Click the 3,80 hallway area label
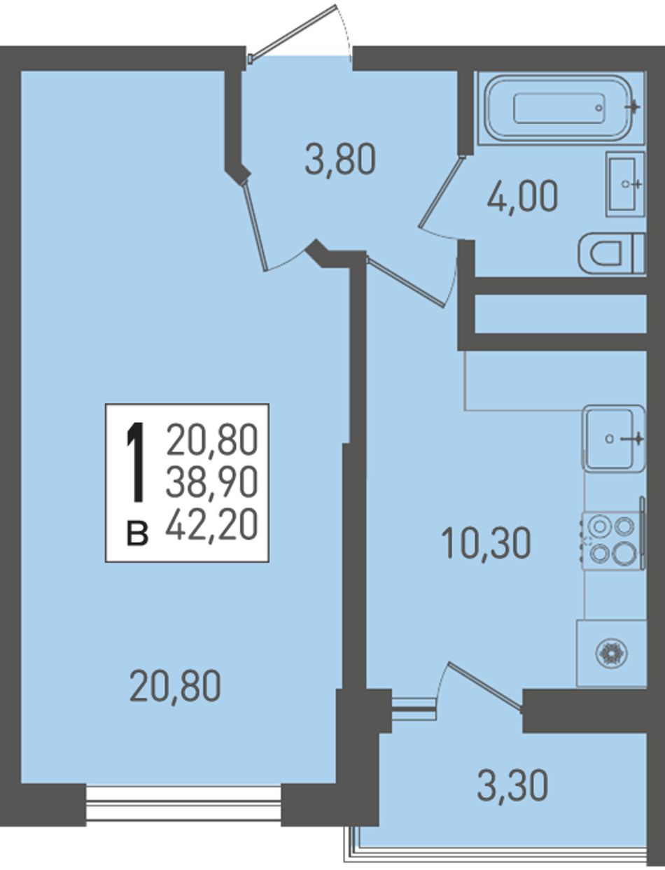(x=339, y=160)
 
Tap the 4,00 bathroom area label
(x=522, y=196)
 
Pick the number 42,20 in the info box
(x=211, y=525)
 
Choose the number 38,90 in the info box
(x=211, y=482)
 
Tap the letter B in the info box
(x=137, y=533)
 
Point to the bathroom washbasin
(x=625, y=184)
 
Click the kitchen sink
(x=613, y=438)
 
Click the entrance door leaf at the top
(x=293, y=31)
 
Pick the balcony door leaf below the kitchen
(x=485, y=689)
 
